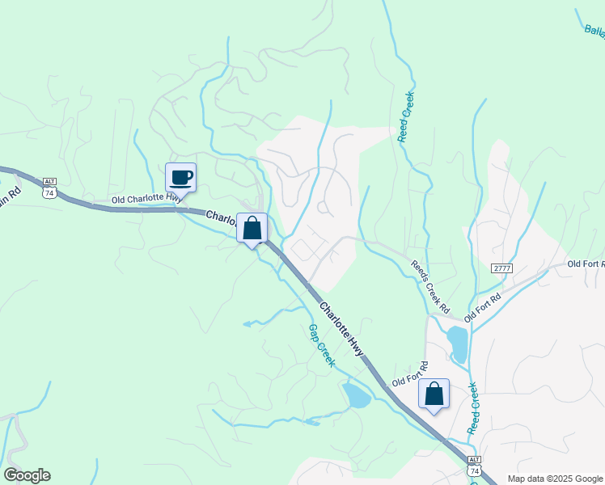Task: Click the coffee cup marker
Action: point(180,177)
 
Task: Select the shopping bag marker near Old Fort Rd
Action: point(434,394)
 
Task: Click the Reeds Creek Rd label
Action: point(430,287)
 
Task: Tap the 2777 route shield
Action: point(502,268)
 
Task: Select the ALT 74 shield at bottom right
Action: point(475,466)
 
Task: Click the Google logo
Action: point(27,475)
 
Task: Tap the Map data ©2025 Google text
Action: point(554,479)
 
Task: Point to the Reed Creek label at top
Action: point(406,118)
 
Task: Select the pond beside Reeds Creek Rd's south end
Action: point(458,344)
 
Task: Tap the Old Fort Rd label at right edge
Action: point(585,264)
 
